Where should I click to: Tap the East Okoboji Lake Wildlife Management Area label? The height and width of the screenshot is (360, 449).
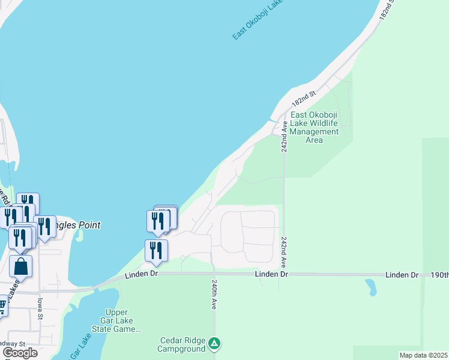(x=314, y=127)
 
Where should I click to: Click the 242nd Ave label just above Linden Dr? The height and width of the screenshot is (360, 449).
(x=283, y=251)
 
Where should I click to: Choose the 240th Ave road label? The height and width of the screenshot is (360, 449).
(x=213, y=293)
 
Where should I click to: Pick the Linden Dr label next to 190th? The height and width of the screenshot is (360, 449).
(x=402, y=275)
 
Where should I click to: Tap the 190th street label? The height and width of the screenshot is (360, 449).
(x=439, y=275)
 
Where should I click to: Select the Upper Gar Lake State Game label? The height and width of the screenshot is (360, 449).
(x=116, y=321)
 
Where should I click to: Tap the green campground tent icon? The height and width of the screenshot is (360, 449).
(x=214, y=344)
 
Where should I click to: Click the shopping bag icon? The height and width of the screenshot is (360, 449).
(x=20, y=266)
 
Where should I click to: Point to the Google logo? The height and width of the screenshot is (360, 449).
(x=19, y=353)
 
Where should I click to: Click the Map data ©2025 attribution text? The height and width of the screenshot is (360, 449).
(x=423, y=355)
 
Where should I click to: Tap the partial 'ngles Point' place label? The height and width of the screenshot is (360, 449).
(x=77, y=226)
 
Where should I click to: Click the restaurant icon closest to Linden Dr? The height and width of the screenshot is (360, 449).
(x=156, y=250)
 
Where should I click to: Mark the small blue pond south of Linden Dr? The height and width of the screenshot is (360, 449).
(x=370, y=288)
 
